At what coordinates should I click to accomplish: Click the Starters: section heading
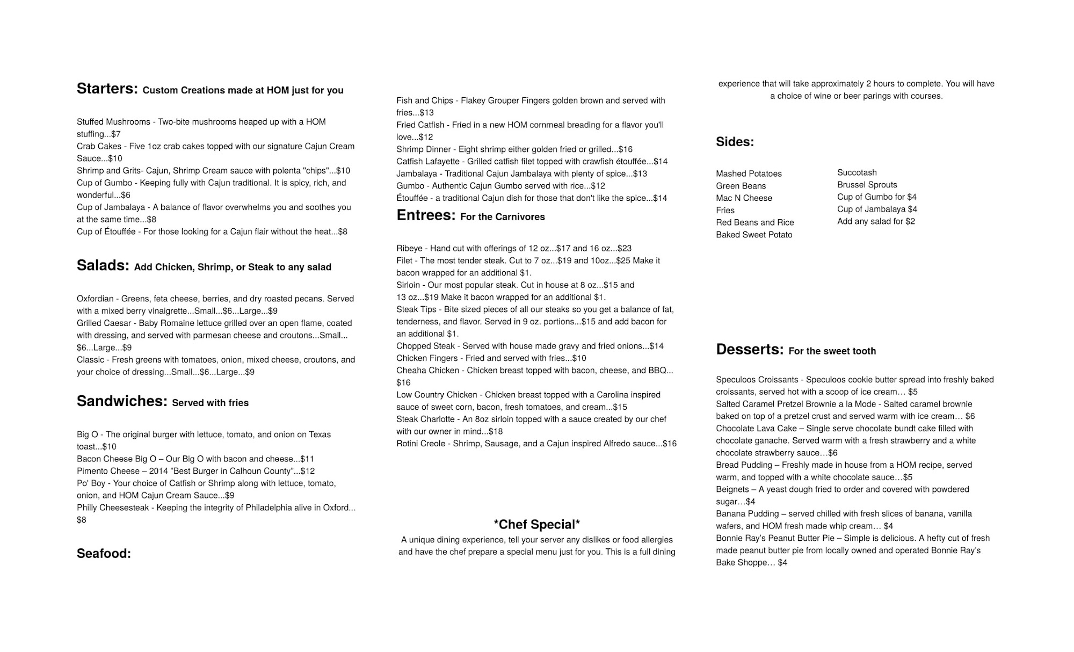[107, 89]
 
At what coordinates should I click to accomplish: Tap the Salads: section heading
[103, 265]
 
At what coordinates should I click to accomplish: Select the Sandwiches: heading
[122, 401]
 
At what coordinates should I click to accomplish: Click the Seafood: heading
[104, 554]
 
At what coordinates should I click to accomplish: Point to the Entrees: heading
[426, 215]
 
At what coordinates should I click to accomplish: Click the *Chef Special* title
[536, 524]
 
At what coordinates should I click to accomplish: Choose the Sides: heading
[735, 142]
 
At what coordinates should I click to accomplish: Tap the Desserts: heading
[750, 350]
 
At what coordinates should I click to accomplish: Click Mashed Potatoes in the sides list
[749, 173]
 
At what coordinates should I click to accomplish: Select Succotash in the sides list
[857, 172]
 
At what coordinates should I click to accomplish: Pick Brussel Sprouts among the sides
[867, 185]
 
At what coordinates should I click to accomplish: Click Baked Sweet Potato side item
[754, 235]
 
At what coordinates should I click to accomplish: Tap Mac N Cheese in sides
[744, 198]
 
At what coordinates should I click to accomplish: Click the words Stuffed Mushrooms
[113, 122]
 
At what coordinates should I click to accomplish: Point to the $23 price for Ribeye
[625, 249]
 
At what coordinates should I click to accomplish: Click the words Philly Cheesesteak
[113, 508]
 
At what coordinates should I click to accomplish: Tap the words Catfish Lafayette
[428, 162]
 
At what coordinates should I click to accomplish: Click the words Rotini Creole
[420, 444]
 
